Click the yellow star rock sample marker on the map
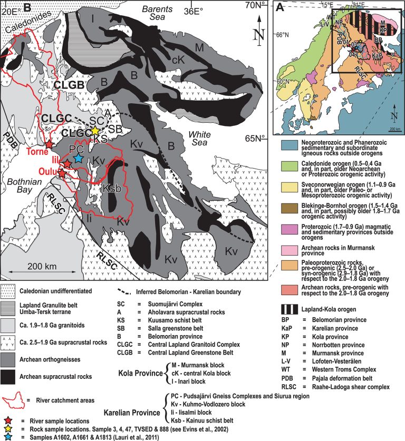(x=95, y=130)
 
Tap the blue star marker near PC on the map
(x=79, y=157)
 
